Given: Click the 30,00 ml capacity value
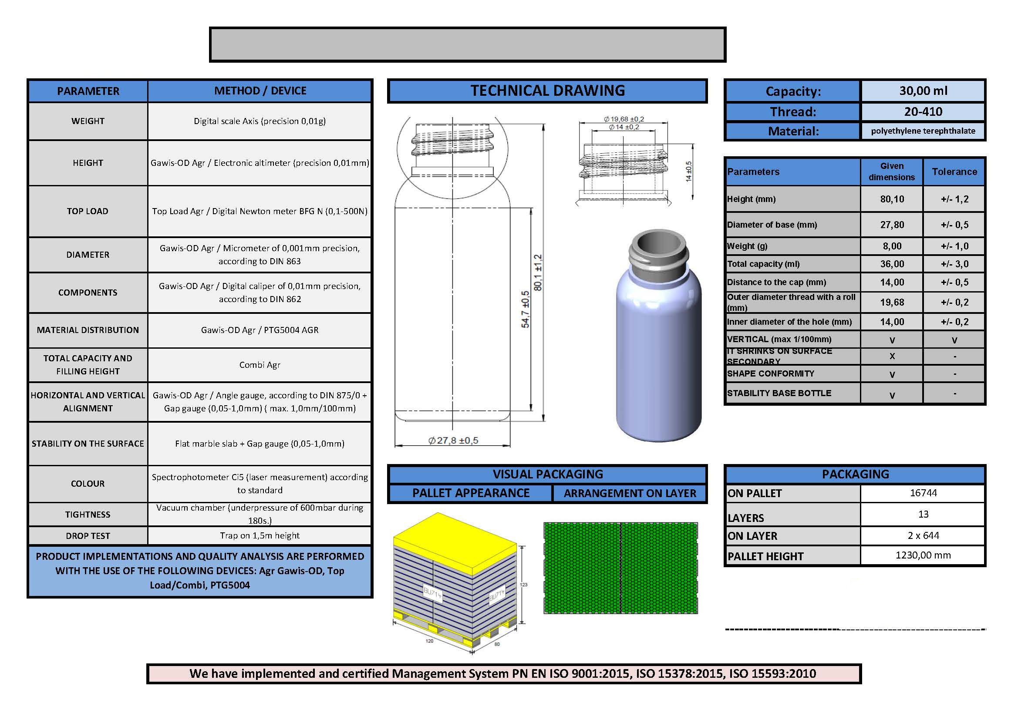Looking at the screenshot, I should [x=923, y=91].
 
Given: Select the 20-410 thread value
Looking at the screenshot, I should [x=923, y=112].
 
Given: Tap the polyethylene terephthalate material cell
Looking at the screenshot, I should [x=923, y=131].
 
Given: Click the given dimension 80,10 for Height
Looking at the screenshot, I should [x=892, y=199].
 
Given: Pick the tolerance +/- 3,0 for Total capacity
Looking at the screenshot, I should [x=954, y=264].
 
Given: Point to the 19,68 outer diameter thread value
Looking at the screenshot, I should [x=892, y=303].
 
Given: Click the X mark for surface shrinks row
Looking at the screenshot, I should [x=892, y=357].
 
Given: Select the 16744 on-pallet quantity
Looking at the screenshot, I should [x=923, y=493].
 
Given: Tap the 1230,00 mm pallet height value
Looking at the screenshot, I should [x=923, y=555].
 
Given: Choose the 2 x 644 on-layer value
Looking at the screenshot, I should [x=923, y=535].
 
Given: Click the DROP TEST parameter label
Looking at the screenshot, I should [x=88, y=536].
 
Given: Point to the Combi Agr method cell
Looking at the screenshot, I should [x=260, y=365].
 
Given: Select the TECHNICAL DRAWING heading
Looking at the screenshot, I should [x=547, y=91].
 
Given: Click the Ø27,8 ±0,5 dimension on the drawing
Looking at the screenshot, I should [x=453, y=440].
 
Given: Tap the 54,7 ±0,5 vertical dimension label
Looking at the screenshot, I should [x=525, y=310].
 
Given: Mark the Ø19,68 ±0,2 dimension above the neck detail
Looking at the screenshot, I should [x=624, y=119].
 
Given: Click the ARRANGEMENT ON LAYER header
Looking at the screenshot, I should [x=630, y=494].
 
